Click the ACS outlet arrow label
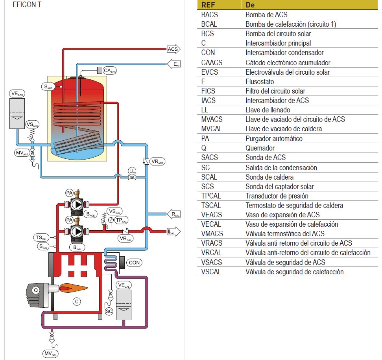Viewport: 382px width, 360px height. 173,49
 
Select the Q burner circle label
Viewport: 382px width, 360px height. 36,290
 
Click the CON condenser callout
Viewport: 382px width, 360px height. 134,263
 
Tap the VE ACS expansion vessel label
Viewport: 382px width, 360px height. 17,94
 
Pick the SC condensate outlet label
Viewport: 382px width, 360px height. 109,311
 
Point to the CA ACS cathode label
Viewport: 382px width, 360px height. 110,71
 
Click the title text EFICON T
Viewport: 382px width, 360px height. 26,5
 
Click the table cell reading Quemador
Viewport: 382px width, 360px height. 260,148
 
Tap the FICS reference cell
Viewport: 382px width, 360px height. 208,91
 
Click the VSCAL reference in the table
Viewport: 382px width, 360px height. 211,272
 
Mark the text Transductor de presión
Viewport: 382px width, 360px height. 277,196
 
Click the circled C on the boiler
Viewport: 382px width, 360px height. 77,301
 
